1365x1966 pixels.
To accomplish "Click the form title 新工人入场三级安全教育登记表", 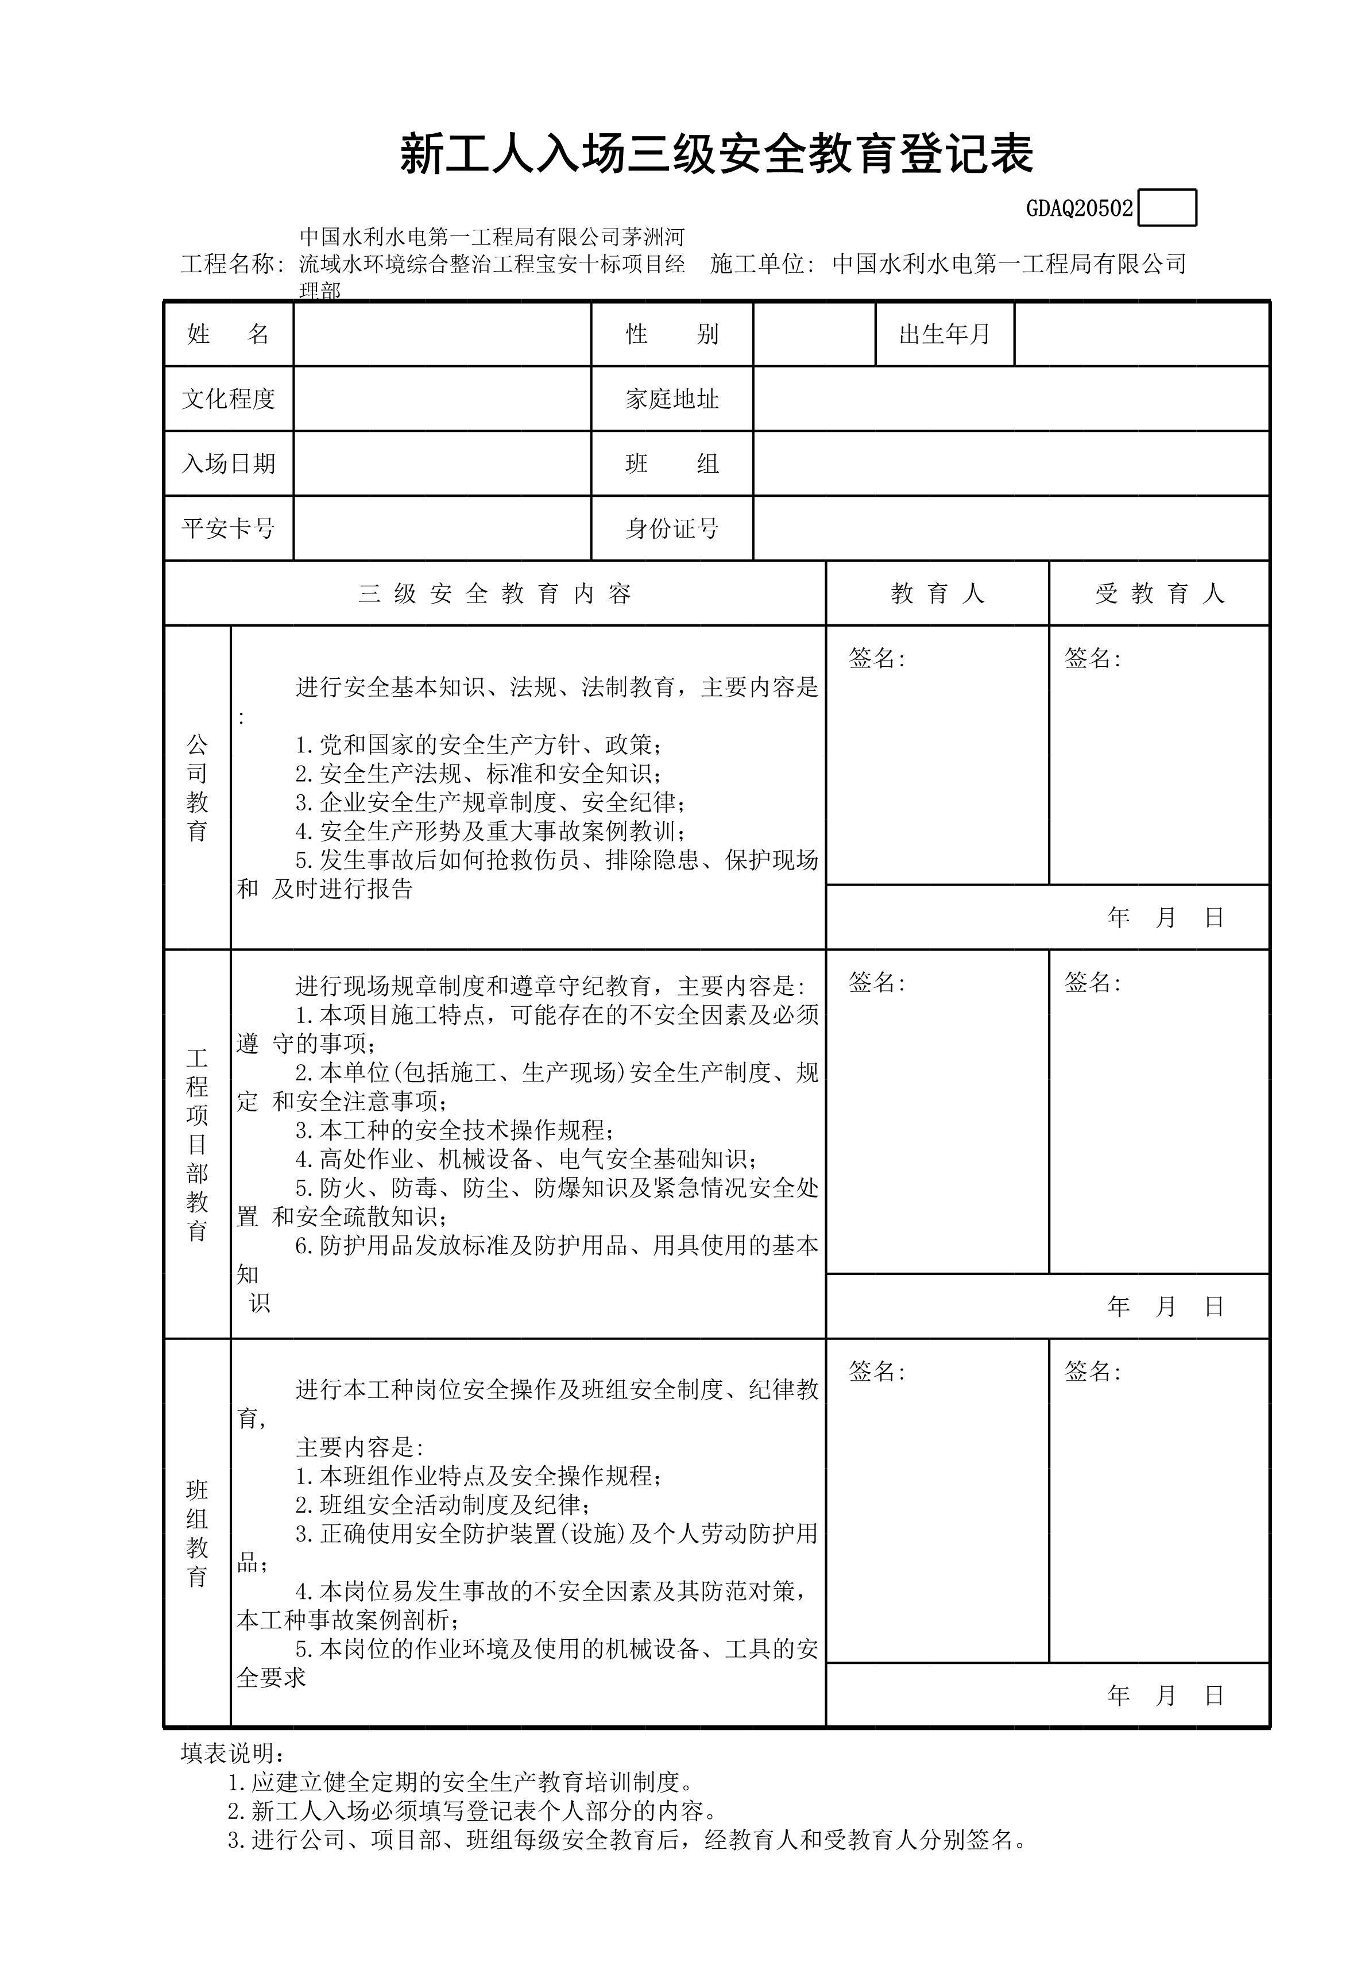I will click(717, 155).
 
